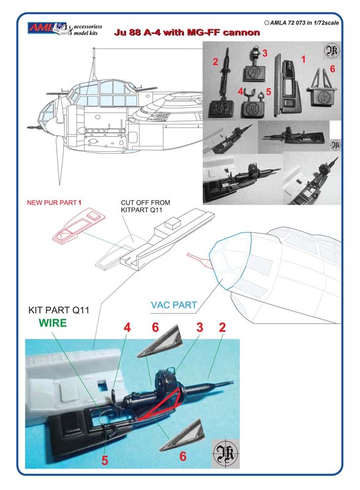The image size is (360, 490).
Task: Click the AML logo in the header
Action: (47, 28)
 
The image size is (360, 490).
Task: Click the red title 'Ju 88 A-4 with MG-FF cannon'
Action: (187, 32)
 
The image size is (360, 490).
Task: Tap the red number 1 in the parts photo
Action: (303, 59)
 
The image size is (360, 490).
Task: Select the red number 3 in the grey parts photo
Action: (264, 53)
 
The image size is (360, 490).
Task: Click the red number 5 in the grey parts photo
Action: (268, 92)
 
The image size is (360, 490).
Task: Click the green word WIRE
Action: (53, 323)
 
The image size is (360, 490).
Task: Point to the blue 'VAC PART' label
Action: (174, 304)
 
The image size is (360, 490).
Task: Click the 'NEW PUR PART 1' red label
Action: (54, 203)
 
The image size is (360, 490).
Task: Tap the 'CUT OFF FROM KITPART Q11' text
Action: (145, 206)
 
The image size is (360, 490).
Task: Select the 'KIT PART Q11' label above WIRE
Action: (59, 310)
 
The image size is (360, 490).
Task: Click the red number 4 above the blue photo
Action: (127, 328)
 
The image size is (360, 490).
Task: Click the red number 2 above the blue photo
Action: (222, 327)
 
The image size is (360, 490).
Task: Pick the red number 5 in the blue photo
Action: (105, 460)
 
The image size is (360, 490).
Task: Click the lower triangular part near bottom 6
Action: (182, 435)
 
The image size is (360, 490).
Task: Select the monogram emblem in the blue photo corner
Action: (225, 454)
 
